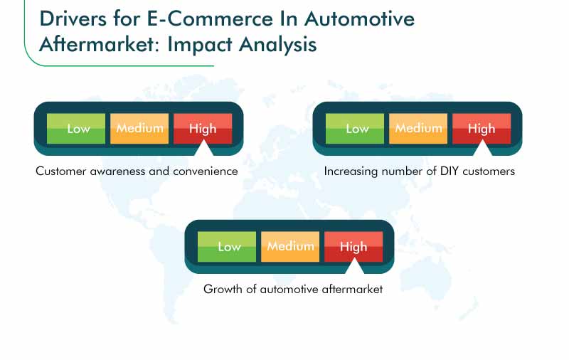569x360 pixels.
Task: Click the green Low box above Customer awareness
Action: (76, 129)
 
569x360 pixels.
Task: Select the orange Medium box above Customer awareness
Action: (139, 129)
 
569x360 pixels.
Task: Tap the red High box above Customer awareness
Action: (203, 129)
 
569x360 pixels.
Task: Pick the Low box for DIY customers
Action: (355, 129)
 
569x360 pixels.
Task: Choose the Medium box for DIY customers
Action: (418, 129)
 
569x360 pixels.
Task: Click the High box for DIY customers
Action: (482, 129)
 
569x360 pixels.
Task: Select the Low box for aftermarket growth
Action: (227, 246)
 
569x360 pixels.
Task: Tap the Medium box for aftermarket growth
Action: (290, 246)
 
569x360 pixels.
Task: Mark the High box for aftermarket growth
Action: (353, 246)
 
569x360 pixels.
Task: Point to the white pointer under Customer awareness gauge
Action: (203, 149)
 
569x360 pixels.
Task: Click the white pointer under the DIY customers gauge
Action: (482, 149)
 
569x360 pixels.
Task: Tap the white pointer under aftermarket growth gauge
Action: (354, 267)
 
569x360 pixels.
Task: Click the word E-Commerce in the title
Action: (210, 18)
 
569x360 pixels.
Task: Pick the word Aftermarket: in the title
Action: (100, 45)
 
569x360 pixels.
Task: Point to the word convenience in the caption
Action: (206, 171)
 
